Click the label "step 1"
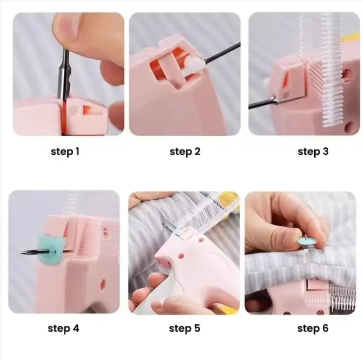(x=65, y=152)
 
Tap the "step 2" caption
(x=185, y=152)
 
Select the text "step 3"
(x=313, y=152)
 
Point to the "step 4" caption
(x=64, y=328)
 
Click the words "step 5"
(x=184, y=328)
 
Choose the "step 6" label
(x=313, y=328)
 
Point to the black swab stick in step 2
(x=222, y=53)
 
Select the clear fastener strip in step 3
(x=330, y=69)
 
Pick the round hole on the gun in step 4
(x=102, y=284)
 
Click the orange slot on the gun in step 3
(x=286, y=82)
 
